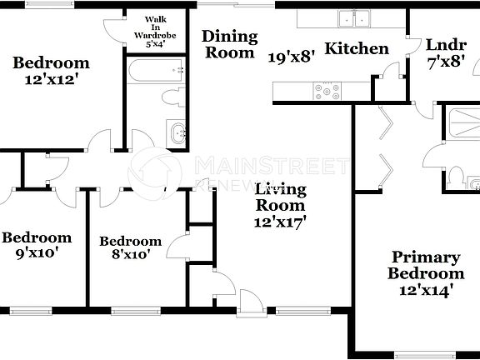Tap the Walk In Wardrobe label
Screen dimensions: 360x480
[x=153, y=31]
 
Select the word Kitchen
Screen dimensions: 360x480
[x=357, y=48]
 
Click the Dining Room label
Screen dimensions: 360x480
[x=228, y=44]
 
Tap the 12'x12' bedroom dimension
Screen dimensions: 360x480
[x=52, y=81]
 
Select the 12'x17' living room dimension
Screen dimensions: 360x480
[x=280, y=222]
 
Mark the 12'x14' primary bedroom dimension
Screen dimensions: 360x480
[x=427, y=290]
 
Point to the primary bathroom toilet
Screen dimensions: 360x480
[x=457, y=177]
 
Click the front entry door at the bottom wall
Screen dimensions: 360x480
[x=249, y=302]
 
